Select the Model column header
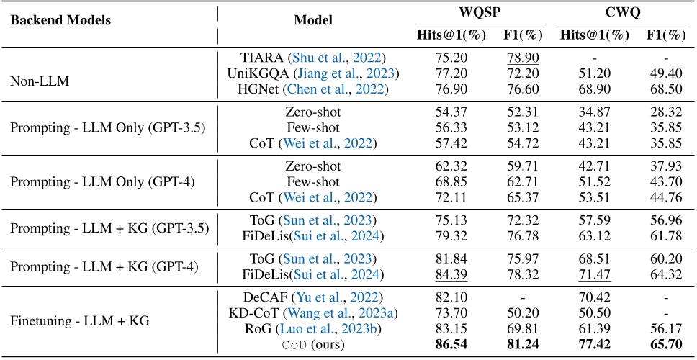[x=313, y=19]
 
